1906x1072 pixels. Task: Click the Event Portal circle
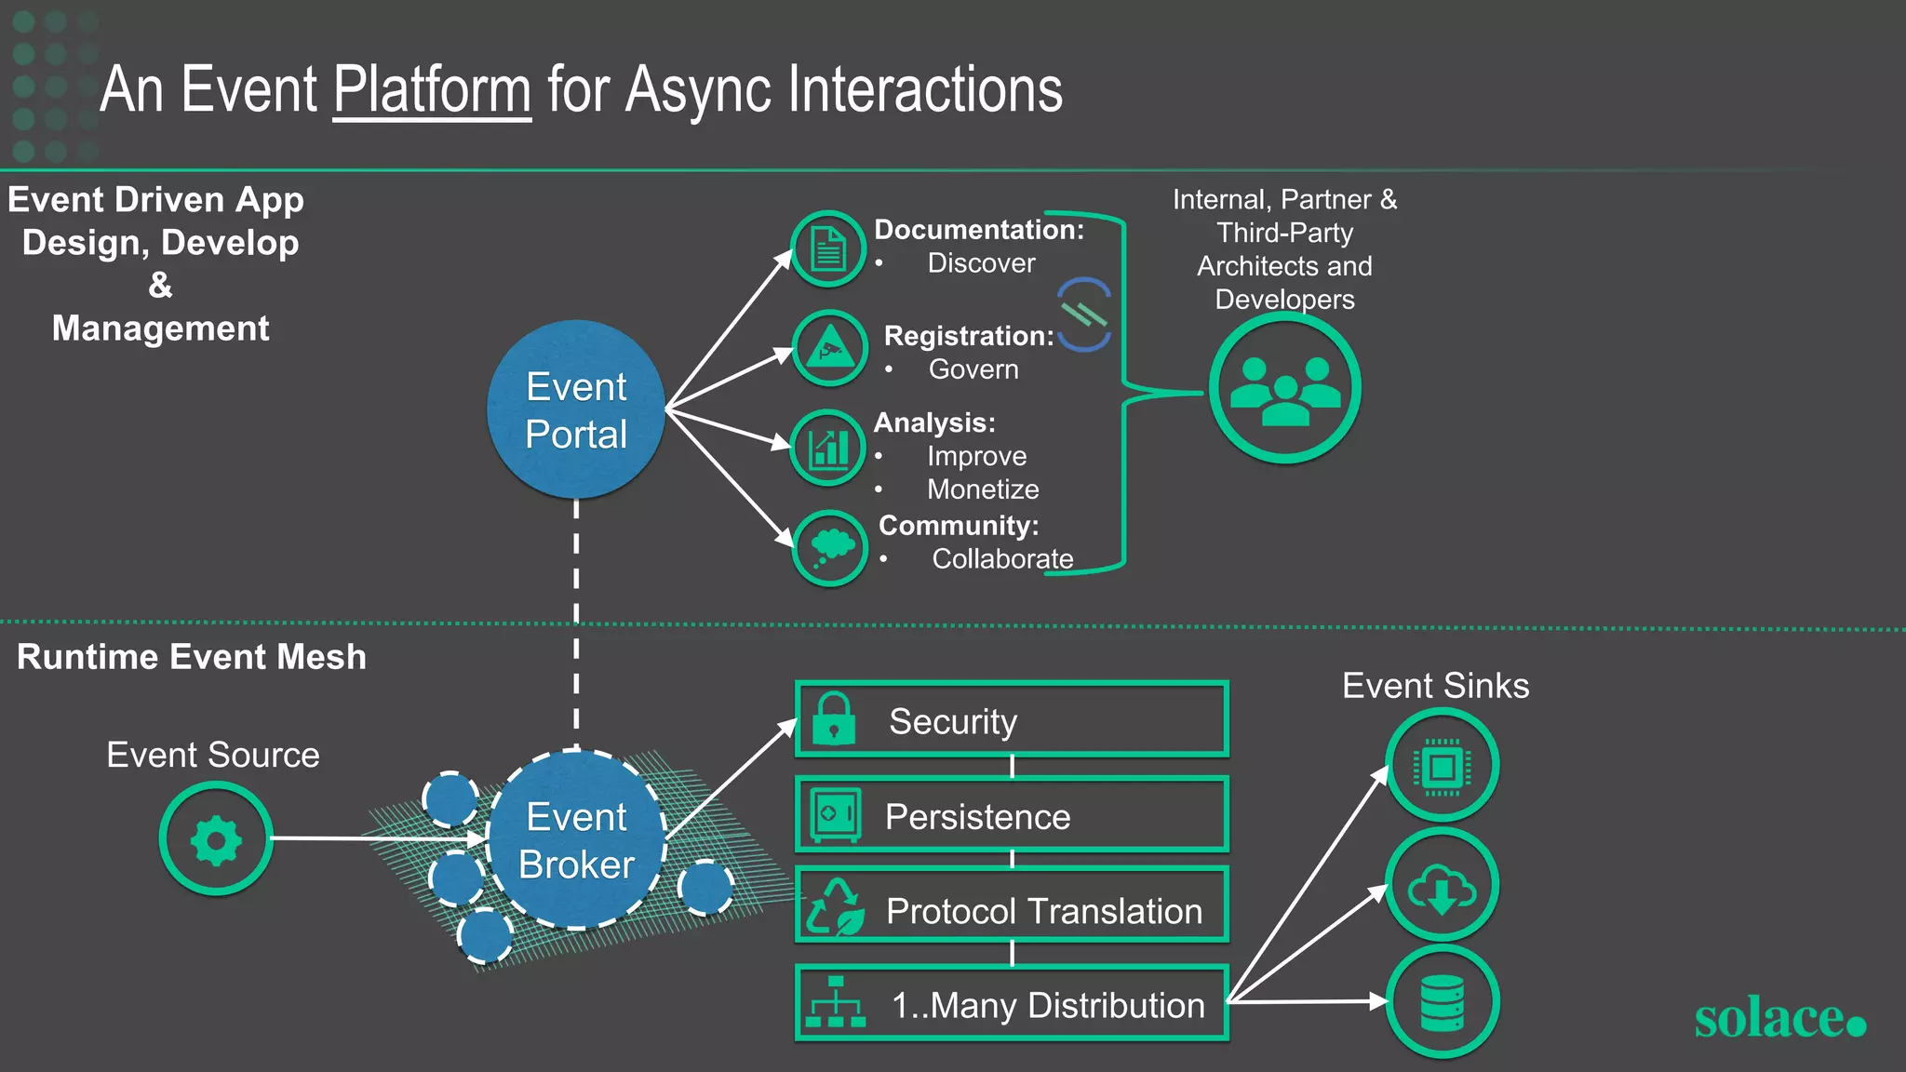[x=576, y=409]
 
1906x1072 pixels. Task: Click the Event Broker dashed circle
[x=576, y=840]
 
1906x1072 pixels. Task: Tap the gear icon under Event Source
[x=216, y=839]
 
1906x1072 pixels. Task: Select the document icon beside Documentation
[x=828, y=248]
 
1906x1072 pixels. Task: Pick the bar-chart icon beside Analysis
[x=828, y=448]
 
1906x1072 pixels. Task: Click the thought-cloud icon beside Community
[x=830, y=547]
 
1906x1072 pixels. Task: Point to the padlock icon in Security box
[x=834, y=719]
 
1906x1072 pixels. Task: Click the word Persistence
[x=977, y=816]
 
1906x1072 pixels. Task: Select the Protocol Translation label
[x=1043, y=911]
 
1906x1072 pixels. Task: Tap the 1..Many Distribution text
[x=1048, y=1005]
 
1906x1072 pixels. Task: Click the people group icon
[x=1285, y=388]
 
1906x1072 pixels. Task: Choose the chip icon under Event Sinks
[x=1442, y=766]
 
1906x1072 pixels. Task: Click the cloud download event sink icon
[x=1442, y=886]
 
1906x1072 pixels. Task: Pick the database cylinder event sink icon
[x=1443, y=1002]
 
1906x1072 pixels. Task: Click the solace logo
[x=1779, y=1018]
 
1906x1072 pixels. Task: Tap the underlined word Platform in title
[x=432, y=90]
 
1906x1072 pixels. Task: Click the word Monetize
[x=983, y=489]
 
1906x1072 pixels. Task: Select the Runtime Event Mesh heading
[x=192, y=657]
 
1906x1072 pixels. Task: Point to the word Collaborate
[x=1002, y=558]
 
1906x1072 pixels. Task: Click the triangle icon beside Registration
[x=830, y=349]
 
